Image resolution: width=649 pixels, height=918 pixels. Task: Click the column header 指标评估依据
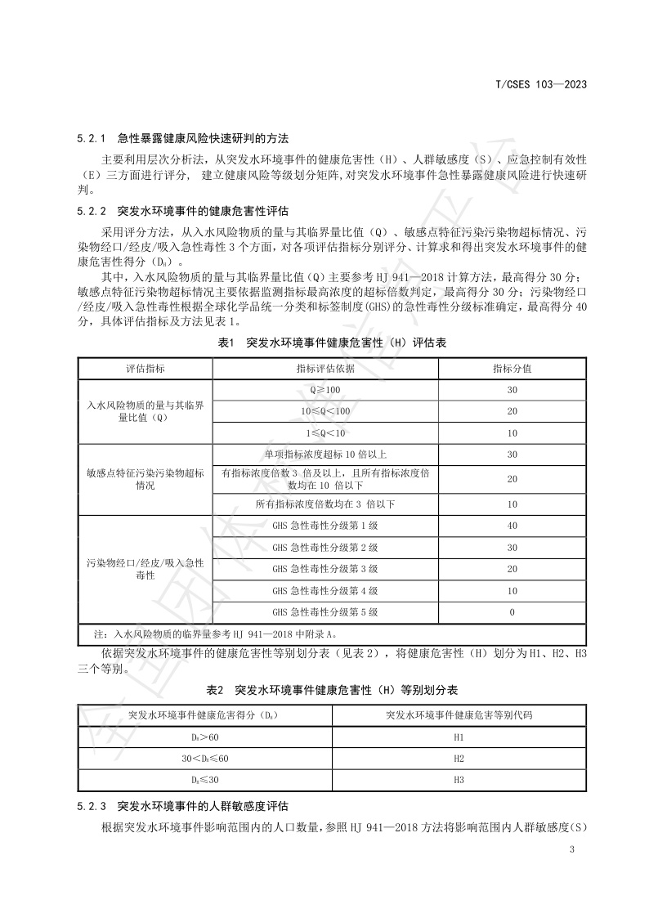point(324,369)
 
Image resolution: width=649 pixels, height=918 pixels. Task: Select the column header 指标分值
point(512,369)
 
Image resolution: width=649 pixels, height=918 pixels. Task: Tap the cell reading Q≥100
point(324,390)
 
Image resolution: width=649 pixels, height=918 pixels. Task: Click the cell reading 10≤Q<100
point(324,411)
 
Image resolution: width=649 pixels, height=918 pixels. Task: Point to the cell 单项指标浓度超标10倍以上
point(324,454)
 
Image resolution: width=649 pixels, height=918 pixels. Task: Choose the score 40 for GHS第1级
point(512,526)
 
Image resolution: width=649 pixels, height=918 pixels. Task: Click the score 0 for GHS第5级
point(512,611)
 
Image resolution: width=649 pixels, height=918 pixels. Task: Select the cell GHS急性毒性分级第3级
point(324,569)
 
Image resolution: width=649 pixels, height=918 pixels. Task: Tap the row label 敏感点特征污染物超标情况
point(145,479)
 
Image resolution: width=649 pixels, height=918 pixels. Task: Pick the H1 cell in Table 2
point(459,737)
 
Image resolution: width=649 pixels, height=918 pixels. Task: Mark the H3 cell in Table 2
point(459,780)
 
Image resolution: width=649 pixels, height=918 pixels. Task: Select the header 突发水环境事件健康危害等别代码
point(459,715)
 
